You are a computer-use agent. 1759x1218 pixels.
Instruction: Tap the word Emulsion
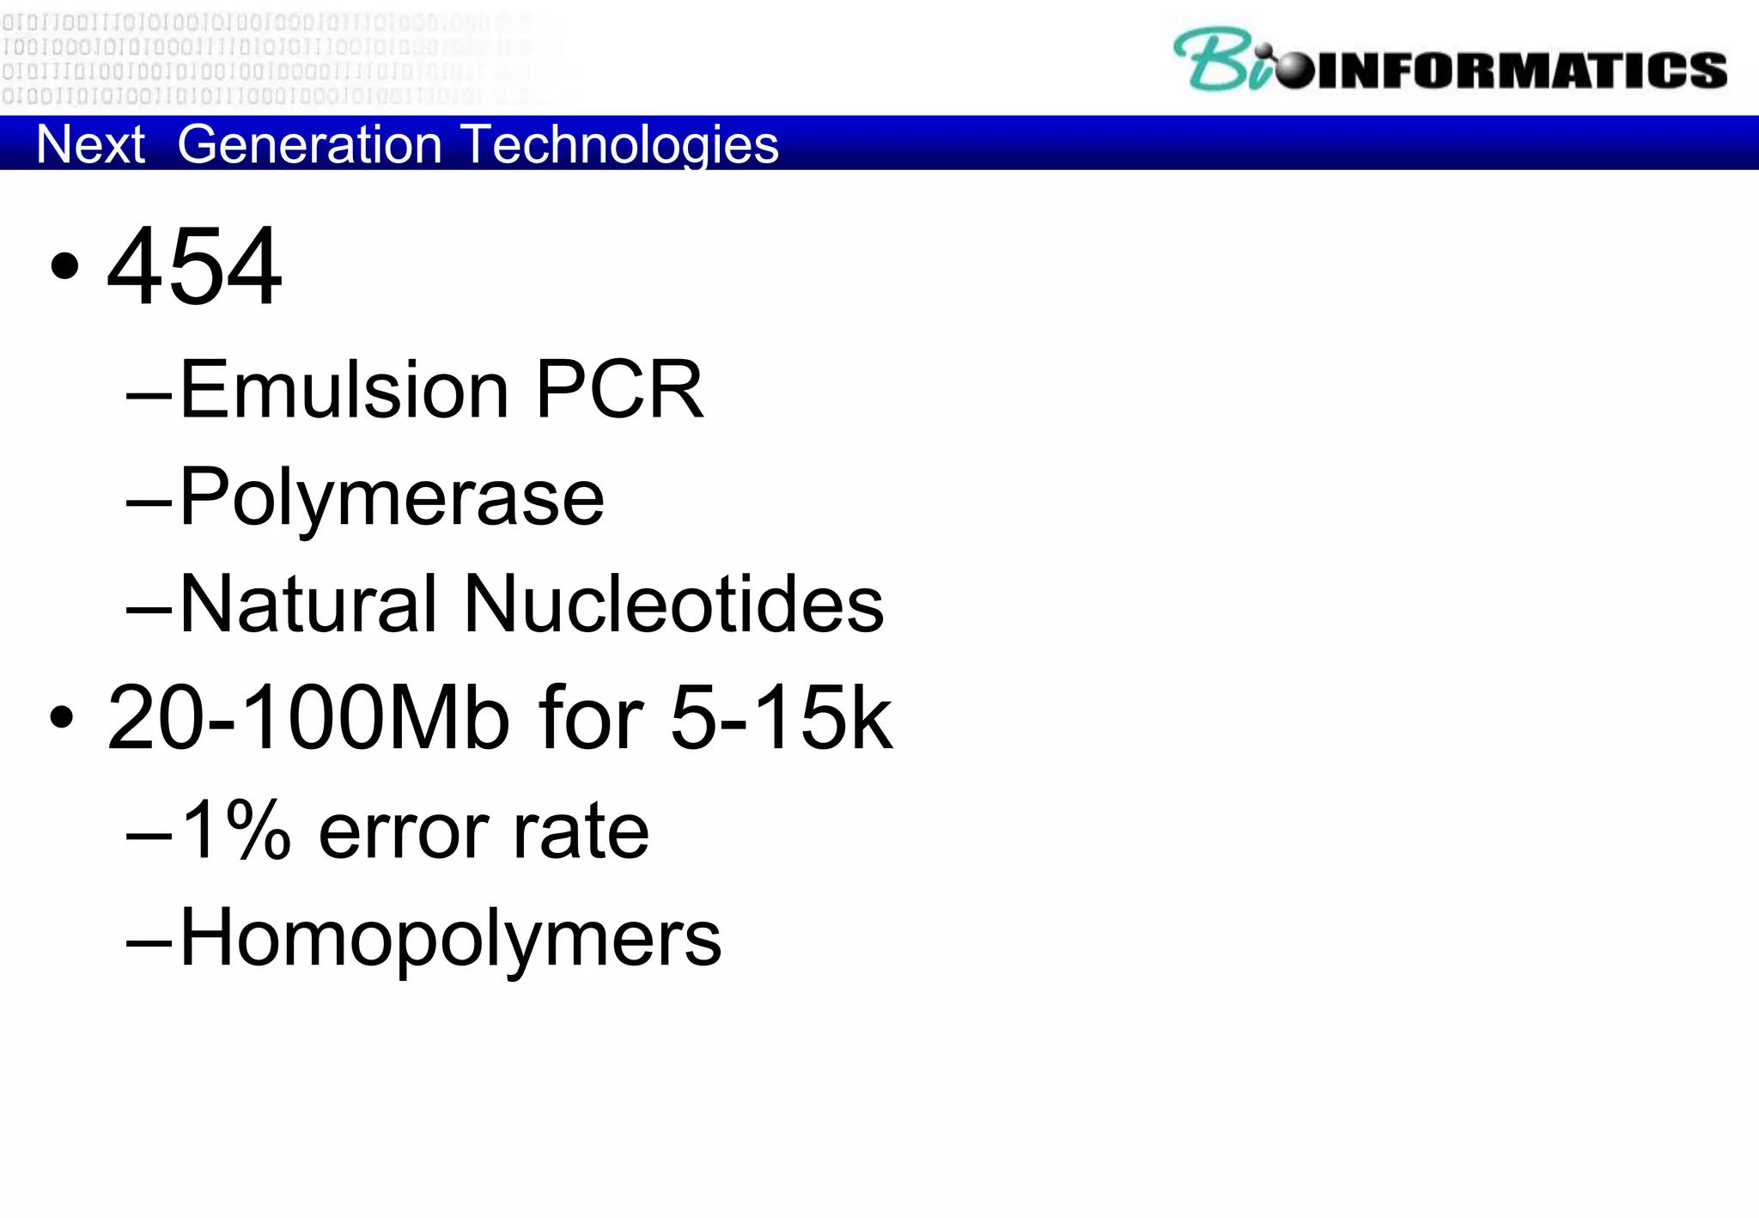(344, 390)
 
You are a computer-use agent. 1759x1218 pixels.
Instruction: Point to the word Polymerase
(392, 498)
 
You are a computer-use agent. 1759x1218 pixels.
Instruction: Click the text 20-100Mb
(307, 718)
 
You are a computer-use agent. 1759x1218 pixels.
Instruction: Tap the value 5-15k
(781, 718)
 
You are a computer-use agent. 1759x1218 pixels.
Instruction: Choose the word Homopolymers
(450, 939)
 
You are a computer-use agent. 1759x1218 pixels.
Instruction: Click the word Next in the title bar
(90, 143)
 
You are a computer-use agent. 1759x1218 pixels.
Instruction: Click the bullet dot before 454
(64, 266)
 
